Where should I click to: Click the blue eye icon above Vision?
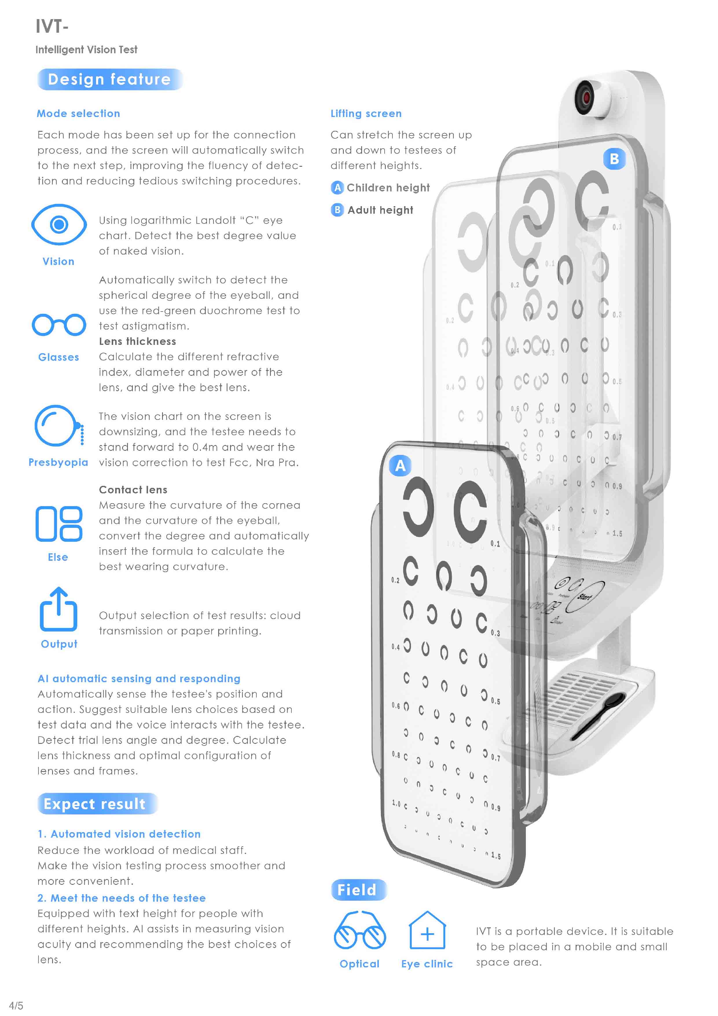59,224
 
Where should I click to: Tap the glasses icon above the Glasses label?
59,325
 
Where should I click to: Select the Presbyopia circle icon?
59,426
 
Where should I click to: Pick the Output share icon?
58,609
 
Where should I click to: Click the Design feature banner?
110,79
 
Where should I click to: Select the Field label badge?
359,889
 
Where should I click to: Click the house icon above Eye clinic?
427,930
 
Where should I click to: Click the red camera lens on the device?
586,96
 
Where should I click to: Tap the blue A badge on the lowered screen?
400,466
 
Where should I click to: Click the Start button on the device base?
585,596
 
